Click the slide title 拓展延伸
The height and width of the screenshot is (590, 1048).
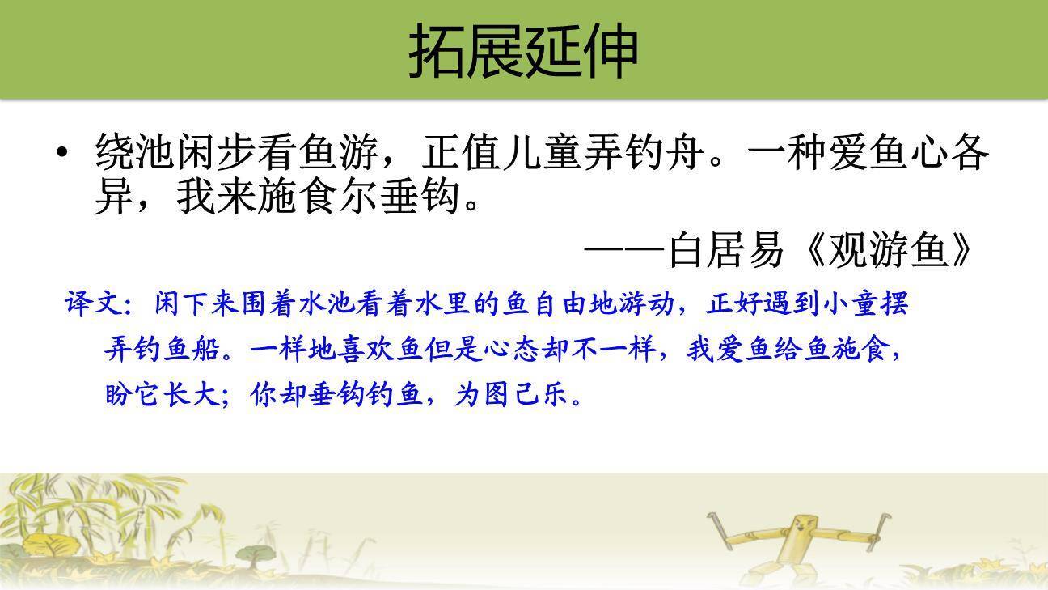(523, 50)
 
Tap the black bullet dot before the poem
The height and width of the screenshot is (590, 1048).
(64, 151)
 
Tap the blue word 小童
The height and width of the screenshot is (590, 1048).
(854, 303)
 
